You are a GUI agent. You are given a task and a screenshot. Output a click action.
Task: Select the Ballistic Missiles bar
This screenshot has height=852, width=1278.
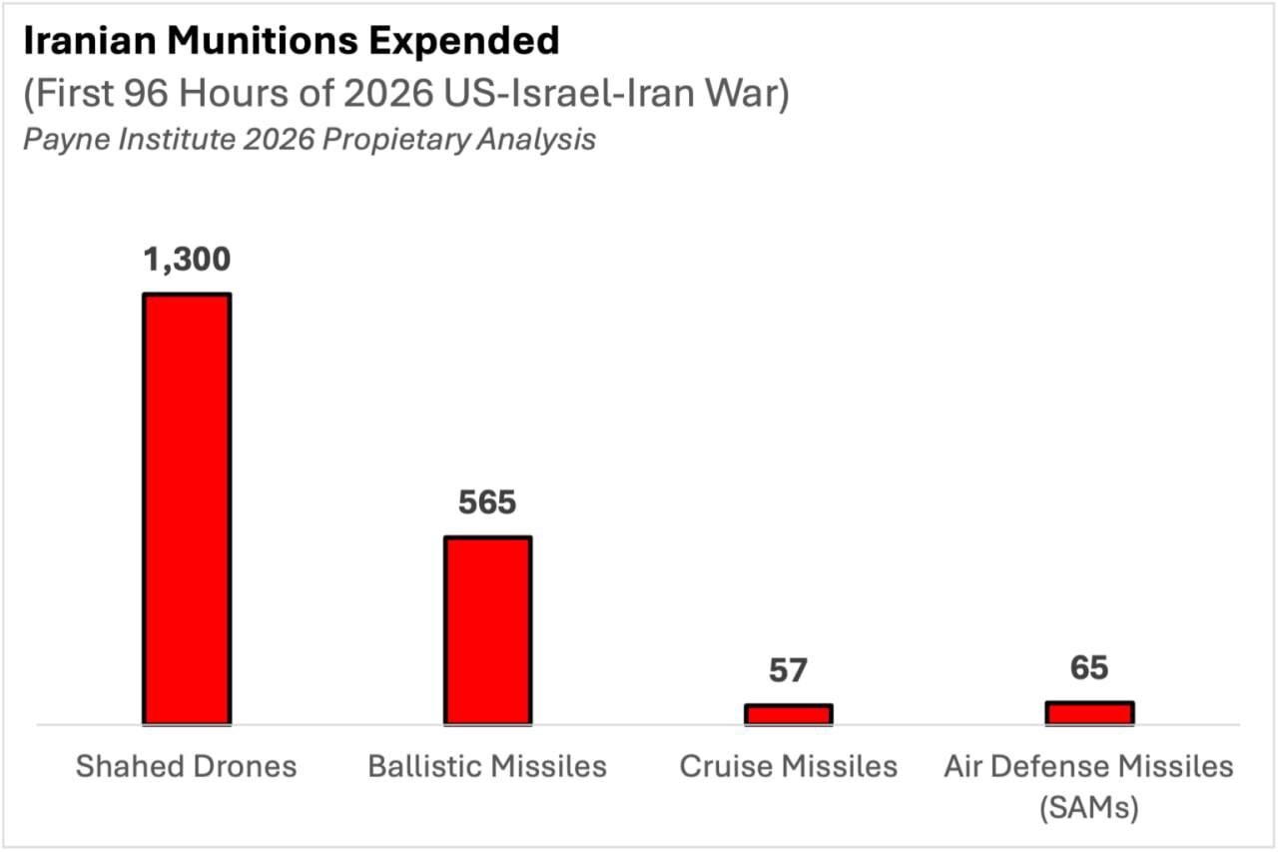487,629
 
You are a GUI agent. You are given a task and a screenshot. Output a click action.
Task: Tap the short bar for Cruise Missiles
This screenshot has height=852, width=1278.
788,713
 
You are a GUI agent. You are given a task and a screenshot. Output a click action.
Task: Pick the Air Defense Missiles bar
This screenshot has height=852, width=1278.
1088,711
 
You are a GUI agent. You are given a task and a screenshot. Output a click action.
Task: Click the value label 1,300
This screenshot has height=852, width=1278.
187,260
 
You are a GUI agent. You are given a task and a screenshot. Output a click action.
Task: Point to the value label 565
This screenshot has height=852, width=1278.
487,502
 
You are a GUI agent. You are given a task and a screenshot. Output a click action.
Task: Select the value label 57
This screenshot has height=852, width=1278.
788,670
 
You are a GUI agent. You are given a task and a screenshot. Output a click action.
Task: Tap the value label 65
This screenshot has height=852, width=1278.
1088,667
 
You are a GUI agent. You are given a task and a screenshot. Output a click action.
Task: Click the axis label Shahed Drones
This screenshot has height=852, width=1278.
187,766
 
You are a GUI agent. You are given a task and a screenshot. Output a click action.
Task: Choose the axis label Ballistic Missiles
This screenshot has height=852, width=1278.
487,766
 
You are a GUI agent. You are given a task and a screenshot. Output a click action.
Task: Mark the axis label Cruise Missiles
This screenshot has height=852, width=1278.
788,766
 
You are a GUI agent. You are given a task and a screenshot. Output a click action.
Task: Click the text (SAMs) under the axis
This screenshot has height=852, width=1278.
1088,806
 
